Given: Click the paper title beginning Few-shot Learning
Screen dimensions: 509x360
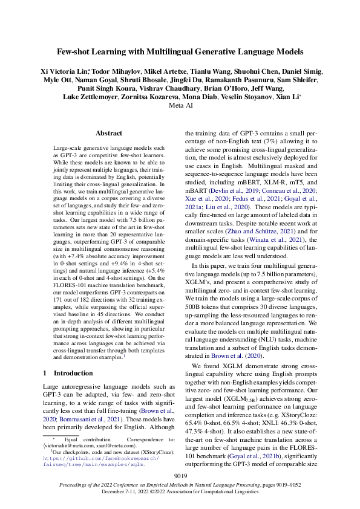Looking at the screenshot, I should pyautogui.click(x=180, y=52).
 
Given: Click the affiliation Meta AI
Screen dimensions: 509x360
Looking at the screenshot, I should pyautogui.click(x=180, y=105).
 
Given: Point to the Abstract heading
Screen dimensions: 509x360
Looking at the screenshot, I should pyautogui.click(x=110, y=133).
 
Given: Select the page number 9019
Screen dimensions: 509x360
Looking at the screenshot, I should pyautogui.click(x=180, y=477).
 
